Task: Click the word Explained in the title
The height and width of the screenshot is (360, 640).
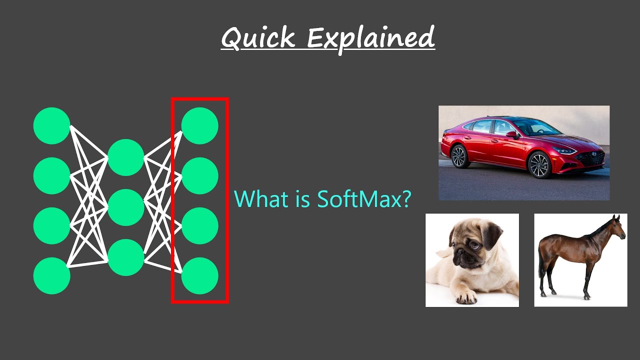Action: [x=370, y=38]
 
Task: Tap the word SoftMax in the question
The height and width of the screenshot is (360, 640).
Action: [x=364, y=198]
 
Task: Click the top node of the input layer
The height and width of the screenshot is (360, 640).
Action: [x=51, y=125]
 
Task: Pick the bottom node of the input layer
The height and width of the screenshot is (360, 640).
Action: [x=51, y=275]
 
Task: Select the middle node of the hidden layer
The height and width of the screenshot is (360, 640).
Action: [x=126, y=207]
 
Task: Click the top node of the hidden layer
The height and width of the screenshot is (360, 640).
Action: [x=126, y=157]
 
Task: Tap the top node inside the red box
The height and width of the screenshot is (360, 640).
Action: [x=199, y=125]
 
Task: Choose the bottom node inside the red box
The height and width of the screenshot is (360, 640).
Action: [x=199, y=275]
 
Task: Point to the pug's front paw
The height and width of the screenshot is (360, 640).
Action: [x=466, y=297]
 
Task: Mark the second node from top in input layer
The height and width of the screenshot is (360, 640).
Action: [x=51, y=175]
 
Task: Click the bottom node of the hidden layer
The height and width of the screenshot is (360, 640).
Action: [x=126, y=257]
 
